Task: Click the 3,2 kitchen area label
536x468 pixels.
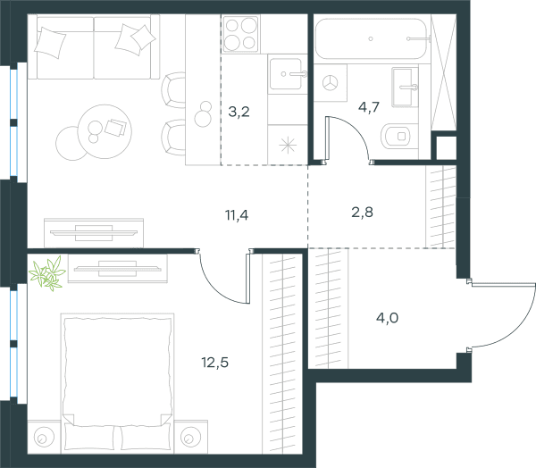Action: tap(239, 112)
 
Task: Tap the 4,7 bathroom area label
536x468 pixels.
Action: tap(369, 107)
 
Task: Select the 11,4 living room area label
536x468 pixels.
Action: tap(237, 215)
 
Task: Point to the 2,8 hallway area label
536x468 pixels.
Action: tap(363, 213)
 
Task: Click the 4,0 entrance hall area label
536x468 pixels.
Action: tap(388, 318)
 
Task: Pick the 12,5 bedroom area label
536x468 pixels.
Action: tap(215, 363)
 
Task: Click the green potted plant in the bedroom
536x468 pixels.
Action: tap(47, 273)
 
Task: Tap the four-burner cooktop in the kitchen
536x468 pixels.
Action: tap(240, 34)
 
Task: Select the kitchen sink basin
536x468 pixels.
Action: tap(286, 74)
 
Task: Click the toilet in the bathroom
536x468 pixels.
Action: tap(398, 137)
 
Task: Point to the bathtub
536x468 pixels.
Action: tap(372, 38)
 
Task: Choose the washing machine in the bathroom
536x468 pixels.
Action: tap(331, 83)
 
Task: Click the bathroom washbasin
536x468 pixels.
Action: tap(405, 88)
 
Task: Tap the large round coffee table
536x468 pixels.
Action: tap(105, 131)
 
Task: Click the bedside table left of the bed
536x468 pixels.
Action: tap(44, 438)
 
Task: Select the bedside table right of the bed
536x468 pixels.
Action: tap(191, 438)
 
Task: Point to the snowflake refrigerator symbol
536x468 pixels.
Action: tap(288, 145)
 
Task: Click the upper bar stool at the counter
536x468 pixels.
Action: tap(173, 90)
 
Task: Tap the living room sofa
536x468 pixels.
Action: tap(93, 46)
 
